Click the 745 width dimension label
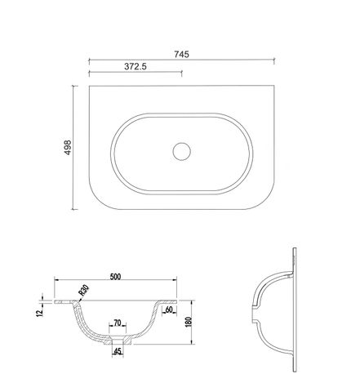[181, 55]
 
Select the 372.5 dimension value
[136, 66]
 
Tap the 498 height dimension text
[68, 148]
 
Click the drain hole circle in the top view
[182, 151]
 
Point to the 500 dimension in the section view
[115, 277]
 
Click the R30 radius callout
[83, 290]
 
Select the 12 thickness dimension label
[40, 313]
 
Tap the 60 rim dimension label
[169, 310]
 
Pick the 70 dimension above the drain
[118, 323]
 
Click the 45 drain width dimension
[118, 351]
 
